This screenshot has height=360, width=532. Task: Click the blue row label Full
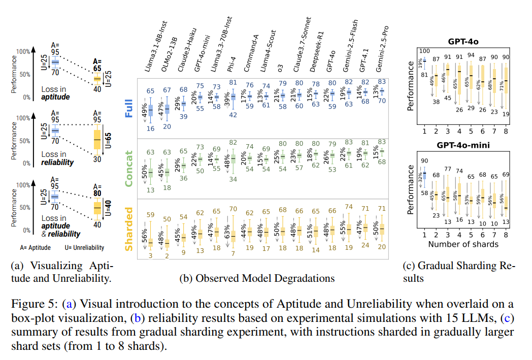click(129, 108)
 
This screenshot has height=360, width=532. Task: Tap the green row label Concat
click(129, 169)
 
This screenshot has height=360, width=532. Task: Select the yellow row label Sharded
click(129, 230)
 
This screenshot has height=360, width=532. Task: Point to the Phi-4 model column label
click(231, 64)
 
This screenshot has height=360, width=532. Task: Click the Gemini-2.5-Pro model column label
click(382, 49)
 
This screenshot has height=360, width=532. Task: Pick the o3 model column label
click(280, 68)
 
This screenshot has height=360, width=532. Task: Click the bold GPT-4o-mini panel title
click(463, 145)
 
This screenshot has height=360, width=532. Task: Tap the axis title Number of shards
click(463, 244)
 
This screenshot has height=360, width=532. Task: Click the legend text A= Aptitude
click(36, 248)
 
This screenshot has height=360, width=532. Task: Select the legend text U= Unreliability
click(84, 248)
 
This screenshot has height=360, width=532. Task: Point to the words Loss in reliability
click(57, 158)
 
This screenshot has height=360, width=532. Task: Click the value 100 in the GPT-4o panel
click(424, 51)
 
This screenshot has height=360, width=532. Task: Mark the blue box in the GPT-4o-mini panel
click(424, 175)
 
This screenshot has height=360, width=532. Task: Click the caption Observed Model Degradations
click(265, 278)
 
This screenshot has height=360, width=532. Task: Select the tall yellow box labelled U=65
click(97, 140)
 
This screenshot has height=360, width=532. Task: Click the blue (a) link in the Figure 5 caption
click(69, 304)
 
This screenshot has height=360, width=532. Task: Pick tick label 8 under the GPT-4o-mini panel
click(506, 235)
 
